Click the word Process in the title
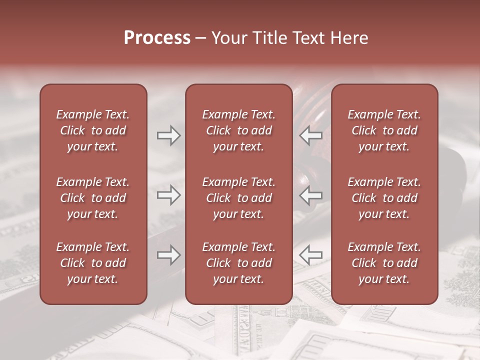[x=157, y=38]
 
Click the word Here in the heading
[x=348, y=38]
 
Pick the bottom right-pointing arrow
[x=168, y=255]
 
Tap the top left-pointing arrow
[x=311, y=135]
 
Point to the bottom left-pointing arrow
[x=311, y=255]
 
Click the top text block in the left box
[x=93, y=130]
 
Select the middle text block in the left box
[x=93, y=198]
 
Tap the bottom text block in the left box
[x=93, y=263]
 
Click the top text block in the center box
[x=239, y=130]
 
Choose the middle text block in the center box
[x=239, y=198]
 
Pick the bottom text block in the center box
[x=239, y=263]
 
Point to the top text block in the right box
[x=384, y=130]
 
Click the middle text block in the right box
[x=384, y=198]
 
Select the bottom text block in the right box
[x=384, y=263]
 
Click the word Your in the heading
[x=228, y=38]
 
